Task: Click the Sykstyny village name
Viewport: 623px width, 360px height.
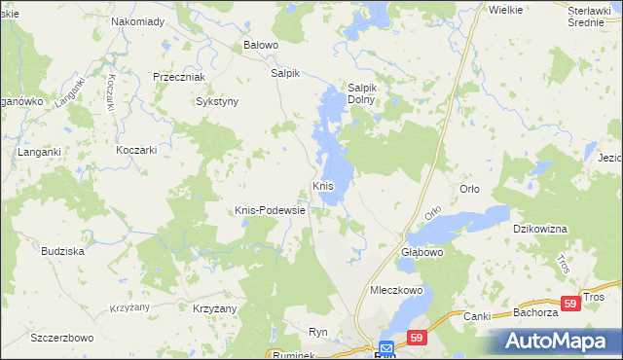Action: [217, 100]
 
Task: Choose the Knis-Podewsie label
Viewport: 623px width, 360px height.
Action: [271, 209]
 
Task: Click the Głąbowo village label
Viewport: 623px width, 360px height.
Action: [422, 251]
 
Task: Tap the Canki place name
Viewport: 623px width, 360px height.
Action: [478, 315]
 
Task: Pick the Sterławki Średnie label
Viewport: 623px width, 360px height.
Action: [595, 16]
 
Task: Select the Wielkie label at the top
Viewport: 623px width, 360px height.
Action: [506, 9]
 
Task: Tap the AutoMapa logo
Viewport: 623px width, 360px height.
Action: [558, 341]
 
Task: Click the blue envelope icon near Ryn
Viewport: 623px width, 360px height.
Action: [386, 346]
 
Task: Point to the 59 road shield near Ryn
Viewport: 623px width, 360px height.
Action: [417, 338]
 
